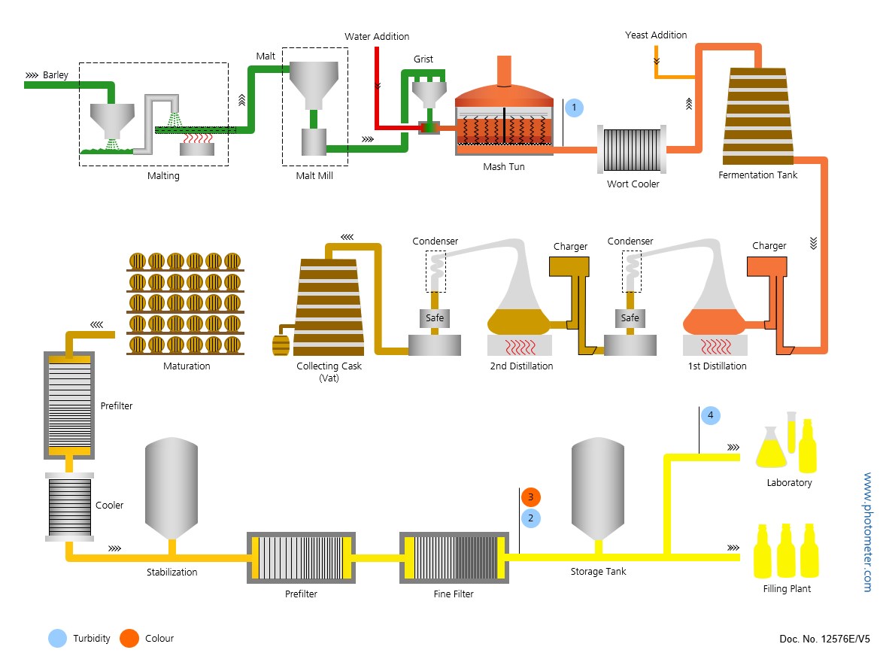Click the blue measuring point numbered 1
pos(574,108)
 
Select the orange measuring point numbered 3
pos(530,497)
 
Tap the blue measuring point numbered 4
pos(710,415)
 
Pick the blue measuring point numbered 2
pos(530,518)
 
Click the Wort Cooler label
pos(633,184)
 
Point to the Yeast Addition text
pos(656,35)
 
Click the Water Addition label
pos(377,37)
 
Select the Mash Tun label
pos(504,167)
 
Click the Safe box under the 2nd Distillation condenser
pos(435,318)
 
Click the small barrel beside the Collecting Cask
pos(281,346)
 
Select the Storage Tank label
pos(598,572)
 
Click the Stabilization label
pos(171,572)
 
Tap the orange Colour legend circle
pos(129,639)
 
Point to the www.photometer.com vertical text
pos(867,531)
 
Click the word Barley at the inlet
pos(56,75)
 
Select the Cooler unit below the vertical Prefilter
pos(69,506)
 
